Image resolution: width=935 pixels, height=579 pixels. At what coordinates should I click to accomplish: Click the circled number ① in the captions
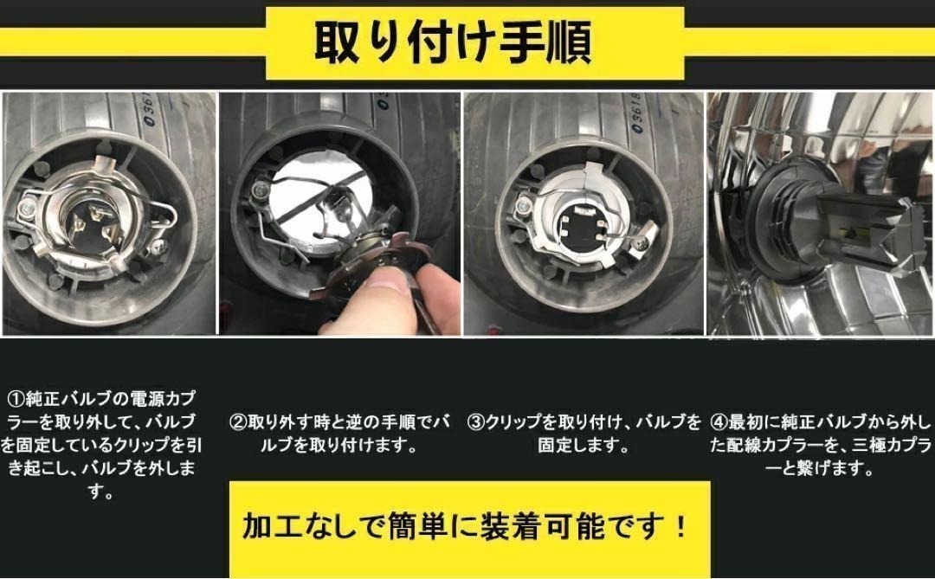(x=16, y=398)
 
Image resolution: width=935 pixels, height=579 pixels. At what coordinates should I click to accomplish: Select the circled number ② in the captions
(x=239, y=422)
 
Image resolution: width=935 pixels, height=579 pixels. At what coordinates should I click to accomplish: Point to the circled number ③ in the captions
(x=476, y=422)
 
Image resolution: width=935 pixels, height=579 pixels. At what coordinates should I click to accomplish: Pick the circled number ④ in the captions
(x=719, y=422)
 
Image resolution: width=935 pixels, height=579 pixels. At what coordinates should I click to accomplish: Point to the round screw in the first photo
(x=27, y=208)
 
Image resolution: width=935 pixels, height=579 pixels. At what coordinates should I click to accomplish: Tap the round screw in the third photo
(x=524, y=206)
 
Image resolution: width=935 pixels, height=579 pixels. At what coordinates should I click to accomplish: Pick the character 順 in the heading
(x=569, y=42)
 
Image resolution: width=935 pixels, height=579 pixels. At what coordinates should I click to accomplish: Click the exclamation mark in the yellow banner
(x=681, y=527)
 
